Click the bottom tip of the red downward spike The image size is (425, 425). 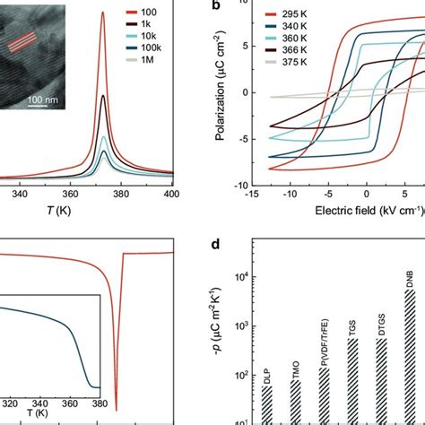point(117,409)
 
